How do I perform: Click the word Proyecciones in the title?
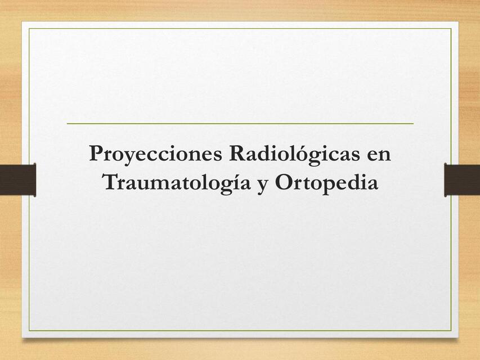click(x=156, y=154)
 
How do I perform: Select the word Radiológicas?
click(x=294, y=154)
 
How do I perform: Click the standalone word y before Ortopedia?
click(x=262, y=184)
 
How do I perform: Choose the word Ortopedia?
click(x=326, y=183)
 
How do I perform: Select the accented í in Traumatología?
click(x=234, y=183)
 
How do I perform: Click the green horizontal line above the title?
click(x=240, y=123)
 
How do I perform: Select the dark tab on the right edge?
click(x=462, y=179)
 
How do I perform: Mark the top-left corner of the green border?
click(x=29, y=29)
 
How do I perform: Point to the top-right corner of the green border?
click(x=451, y=29)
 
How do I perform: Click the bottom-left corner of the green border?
click(x=29, y=331)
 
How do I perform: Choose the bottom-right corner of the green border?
click(x=451, y=331)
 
